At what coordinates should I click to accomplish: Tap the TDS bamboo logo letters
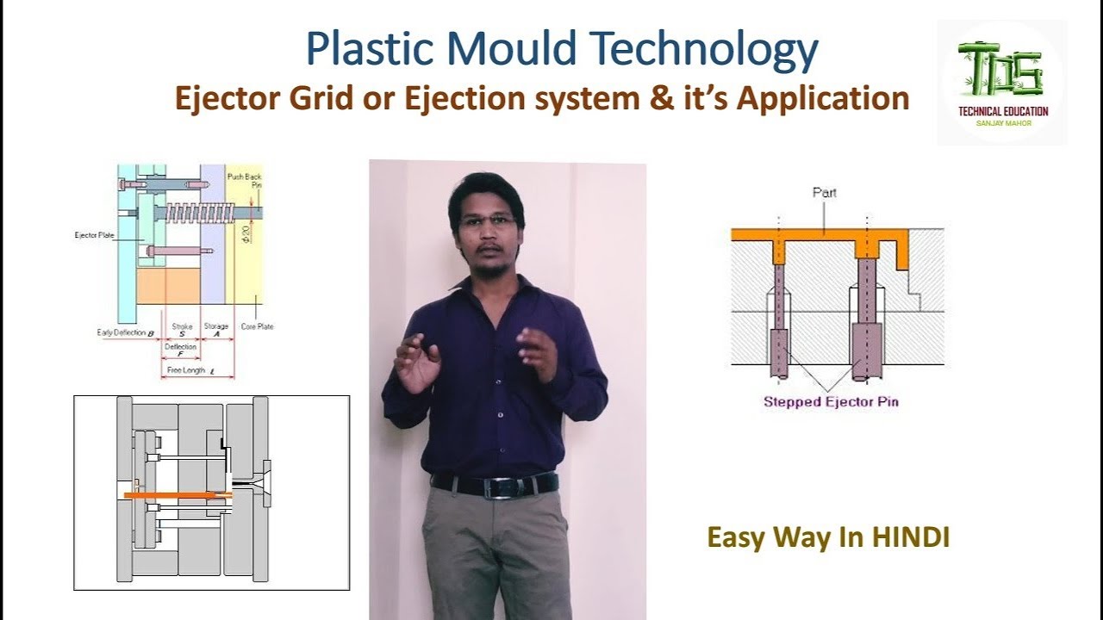pyautogui.click(x=1000, y=70)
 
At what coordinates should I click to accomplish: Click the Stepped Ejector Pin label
pyautogui.click(x=831, y=402)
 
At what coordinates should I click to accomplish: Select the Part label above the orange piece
pyautogui.click(x=825, y=193)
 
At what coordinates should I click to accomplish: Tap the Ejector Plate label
pyautogui.click(x=95, y=234)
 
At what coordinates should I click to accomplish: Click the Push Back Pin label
pyautogui.click(x=244, y=181)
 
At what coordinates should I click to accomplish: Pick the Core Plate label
pyautogui.click(x=257, y=327)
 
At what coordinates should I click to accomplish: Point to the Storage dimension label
pyautogui.click(x=215, y=327)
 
